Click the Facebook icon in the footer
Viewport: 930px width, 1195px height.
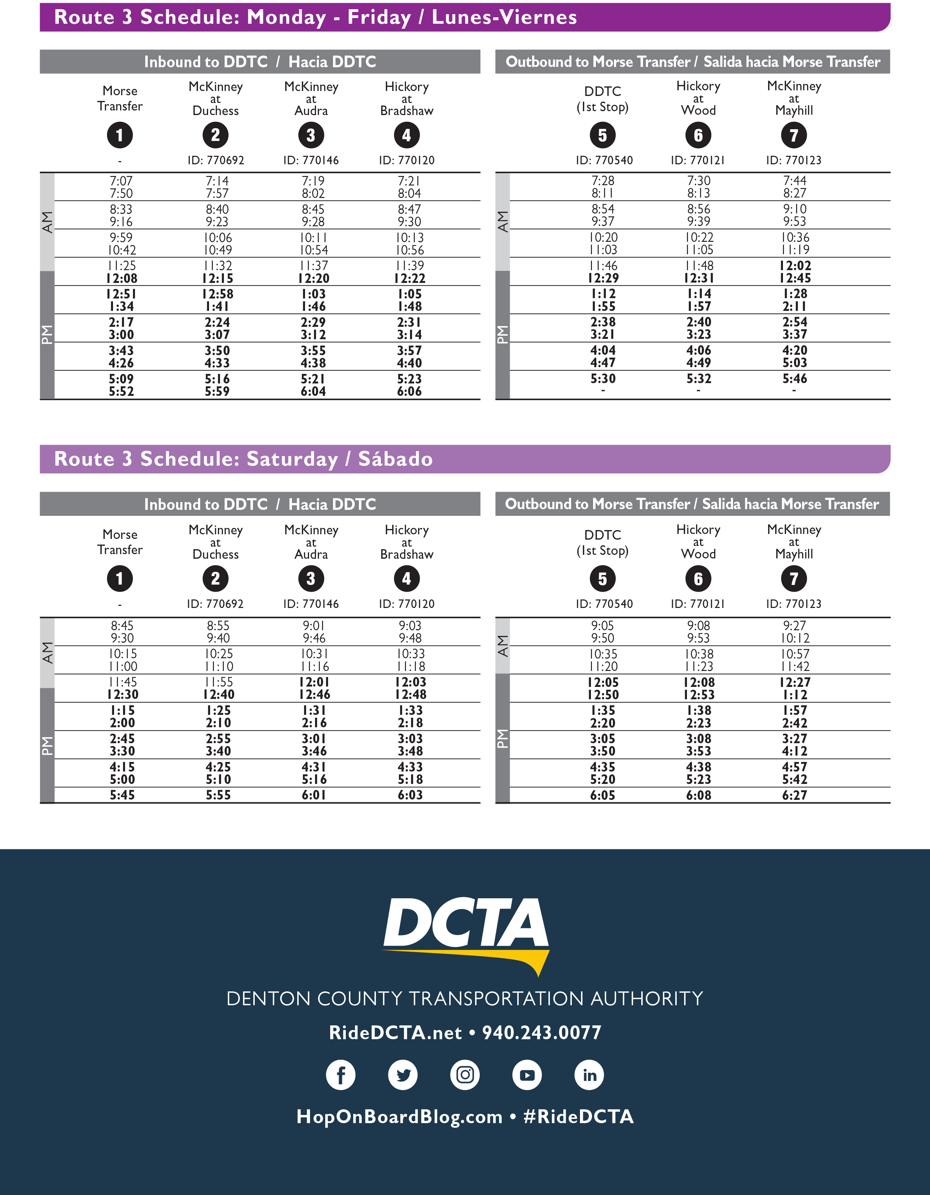click(340, 1075)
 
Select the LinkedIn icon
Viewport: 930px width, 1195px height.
click(589, 1075)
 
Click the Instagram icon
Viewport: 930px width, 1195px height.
click(465, 1075)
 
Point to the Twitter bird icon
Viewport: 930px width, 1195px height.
click(403, 1075)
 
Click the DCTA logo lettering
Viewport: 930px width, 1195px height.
click(466, 925)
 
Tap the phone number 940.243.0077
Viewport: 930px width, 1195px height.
click(541, 1032)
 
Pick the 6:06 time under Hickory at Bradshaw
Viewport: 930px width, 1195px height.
click(410, 391)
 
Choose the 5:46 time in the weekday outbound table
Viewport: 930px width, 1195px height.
click(795, 379)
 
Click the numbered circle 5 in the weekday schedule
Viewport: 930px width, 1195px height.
click(603, 135)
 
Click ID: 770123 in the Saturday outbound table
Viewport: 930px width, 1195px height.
click(794, 604)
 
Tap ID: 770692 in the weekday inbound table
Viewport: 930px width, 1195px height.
click(216, 160)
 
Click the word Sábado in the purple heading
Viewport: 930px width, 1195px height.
click(395, 459)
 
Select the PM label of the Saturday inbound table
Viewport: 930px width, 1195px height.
click(47, 746)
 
